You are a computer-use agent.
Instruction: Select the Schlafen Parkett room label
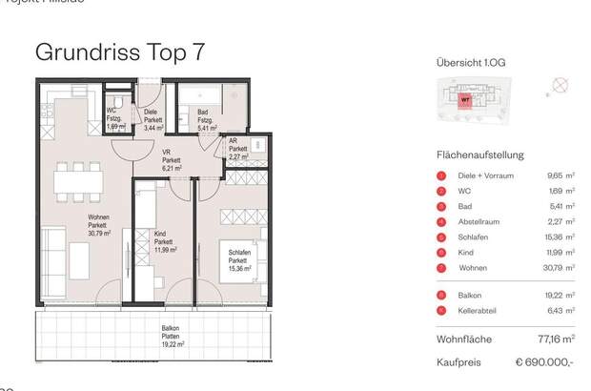239,260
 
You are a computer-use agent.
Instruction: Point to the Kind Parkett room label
164,242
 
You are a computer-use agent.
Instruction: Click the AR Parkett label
237,149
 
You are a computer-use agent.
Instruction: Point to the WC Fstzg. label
114,119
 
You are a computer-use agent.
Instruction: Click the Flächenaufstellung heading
479,154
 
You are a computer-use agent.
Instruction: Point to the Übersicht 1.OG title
471,64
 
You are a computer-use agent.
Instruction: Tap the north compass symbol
561,86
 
